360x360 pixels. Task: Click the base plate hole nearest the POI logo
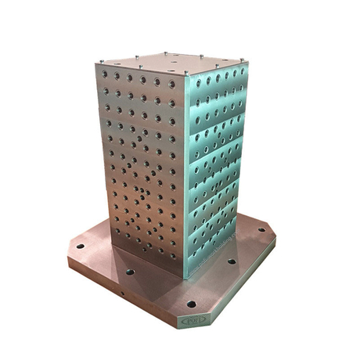[191, 304]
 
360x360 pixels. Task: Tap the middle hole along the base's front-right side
[231, 262]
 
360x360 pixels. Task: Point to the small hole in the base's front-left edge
[122, 295]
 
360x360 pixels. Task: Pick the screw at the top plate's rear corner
[167, 53]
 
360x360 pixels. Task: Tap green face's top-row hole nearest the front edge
[196, 81]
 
